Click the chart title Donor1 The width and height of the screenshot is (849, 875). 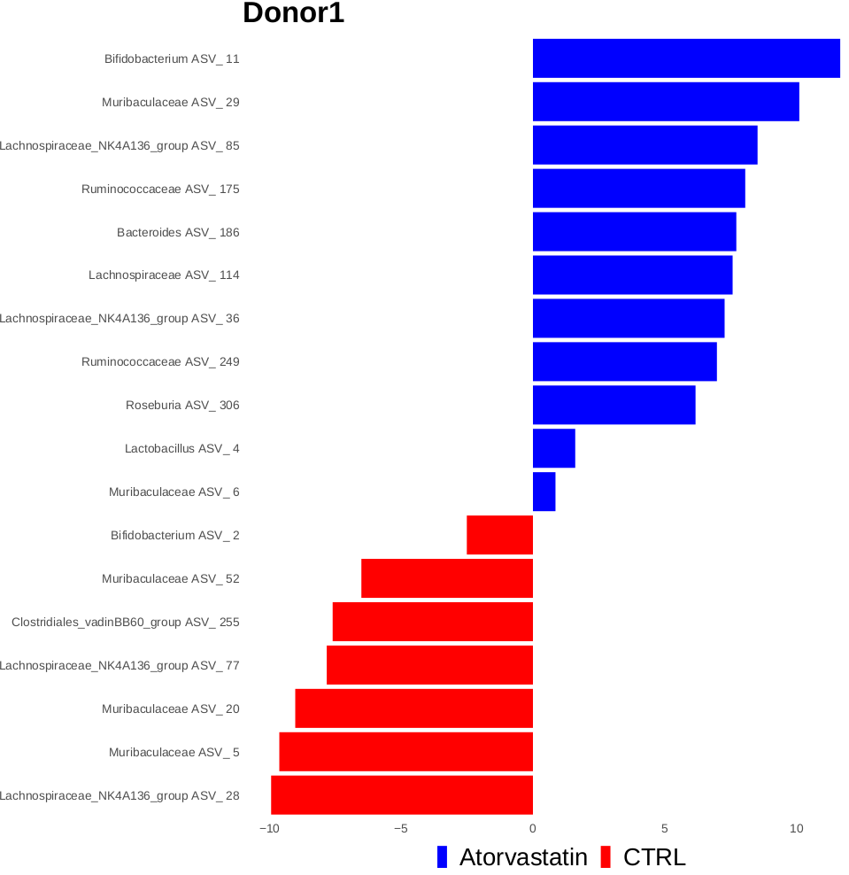(x=293, y=14)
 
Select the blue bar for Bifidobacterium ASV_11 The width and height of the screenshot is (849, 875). (x=686, y=58)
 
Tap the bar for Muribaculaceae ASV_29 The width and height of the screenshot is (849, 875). (x=666, y=102)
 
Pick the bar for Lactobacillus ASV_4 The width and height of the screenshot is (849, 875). (x=553, y=448)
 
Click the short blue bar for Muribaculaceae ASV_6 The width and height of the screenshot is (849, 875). (x=544, y=492)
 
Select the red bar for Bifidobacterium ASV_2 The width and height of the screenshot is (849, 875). (x=499, y=535)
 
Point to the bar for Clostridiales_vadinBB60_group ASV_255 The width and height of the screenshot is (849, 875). (x=432, y=622)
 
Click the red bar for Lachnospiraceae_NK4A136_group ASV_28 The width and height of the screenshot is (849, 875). (x=402, y=795)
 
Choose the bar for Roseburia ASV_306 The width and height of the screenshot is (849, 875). (x=614, y=405)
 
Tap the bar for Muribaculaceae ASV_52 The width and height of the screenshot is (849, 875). (x=447, y=578)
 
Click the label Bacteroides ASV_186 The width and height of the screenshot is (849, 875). (x=178, y=232)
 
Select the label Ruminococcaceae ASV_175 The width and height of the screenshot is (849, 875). (x=160, y=189)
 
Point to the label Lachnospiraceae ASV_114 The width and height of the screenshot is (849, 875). (x=164, y=275)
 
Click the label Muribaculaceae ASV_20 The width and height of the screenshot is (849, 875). (x=170, y=709)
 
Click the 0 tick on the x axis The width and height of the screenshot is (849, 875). (x=532, y=829)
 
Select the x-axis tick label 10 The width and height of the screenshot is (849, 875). (x=796, y=829)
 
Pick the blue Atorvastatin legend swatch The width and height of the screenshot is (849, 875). (x=443, y=857)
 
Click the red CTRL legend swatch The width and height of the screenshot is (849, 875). (x=606, y=857)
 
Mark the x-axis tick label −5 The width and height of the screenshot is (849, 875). (x=400, y=829)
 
